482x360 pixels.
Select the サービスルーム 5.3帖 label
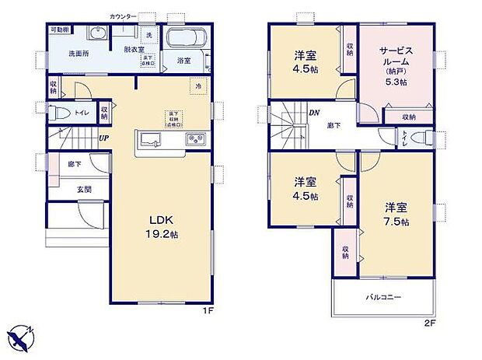click(x=395, y=61)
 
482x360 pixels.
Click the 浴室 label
click(x=184, y=60)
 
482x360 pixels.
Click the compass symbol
click(x=22, y=337)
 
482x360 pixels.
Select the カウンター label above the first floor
click(x=123, y=16)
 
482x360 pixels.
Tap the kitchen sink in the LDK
click(x=151, y=139)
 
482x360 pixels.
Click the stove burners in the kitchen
click(x=194, y=139)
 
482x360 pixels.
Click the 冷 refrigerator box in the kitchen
click(x=199, y=86)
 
